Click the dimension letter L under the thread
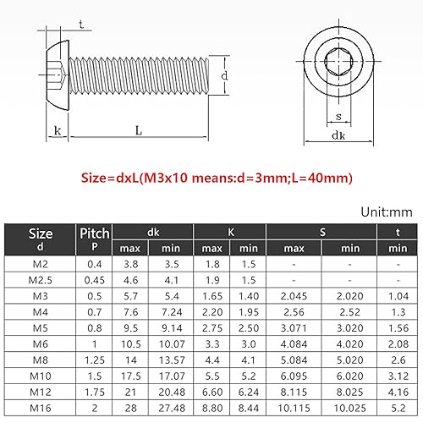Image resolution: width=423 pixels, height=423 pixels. pyautogui.click(x=139, y=130)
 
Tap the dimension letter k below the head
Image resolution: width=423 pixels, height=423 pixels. pyautogui.click(x=58, y=130)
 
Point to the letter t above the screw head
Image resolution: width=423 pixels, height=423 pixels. pyautogui.click(x=81, y=25)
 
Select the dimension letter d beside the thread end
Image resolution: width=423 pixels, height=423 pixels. pyautogui.click(x=224, y=75)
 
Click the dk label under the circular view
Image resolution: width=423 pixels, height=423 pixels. pyautogui.click(x=338, y=135)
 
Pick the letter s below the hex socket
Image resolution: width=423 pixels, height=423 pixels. pyautogui.click(x=338, y=116)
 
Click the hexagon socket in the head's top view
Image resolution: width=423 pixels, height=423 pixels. pyautogui.click(x=338, y=61)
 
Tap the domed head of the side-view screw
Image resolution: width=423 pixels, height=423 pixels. pyautogui.click(x=58, y=75)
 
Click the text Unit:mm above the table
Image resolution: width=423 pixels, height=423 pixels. pyautogui.click(x=387, y=212)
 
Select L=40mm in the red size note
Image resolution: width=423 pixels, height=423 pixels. pyautogui.click(x=322, y=178)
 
